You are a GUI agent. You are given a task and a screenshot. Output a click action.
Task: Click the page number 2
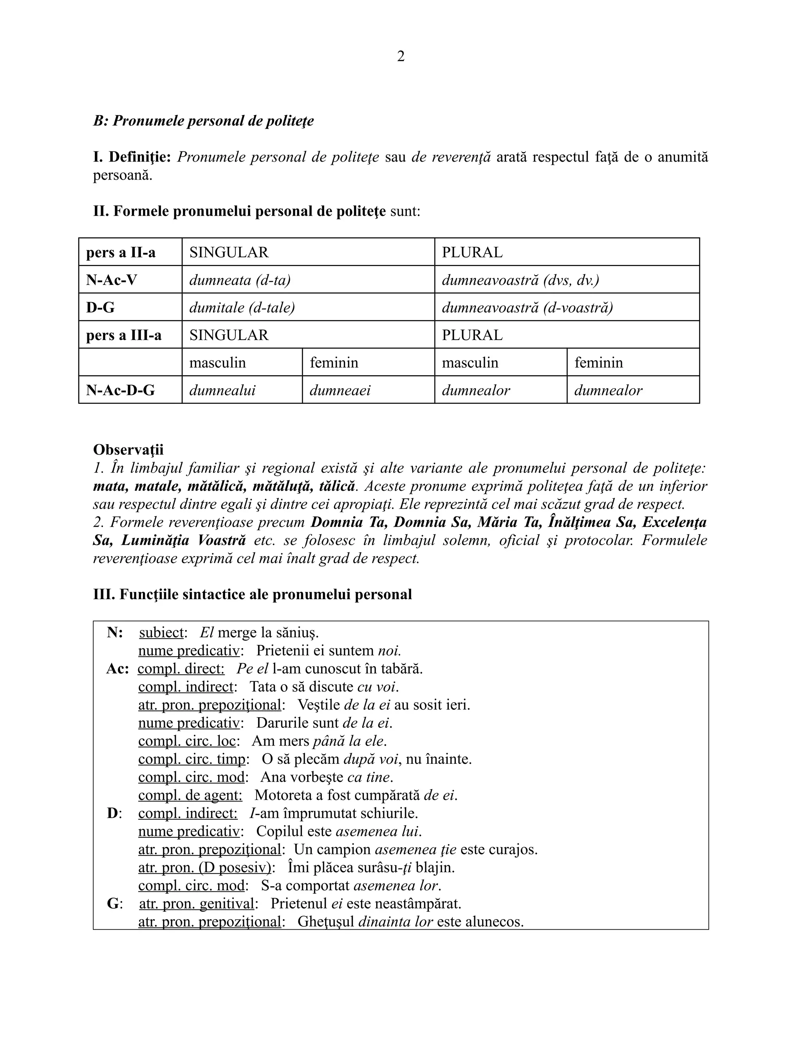(x=401, y=56)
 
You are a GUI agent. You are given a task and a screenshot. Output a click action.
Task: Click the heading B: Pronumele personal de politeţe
(x=203, y=121)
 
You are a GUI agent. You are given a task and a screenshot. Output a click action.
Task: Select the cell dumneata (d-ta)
(x=240, y=280)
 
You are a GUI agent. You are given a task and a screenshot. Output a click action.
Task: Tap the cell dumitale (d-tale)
(x=242, y=307)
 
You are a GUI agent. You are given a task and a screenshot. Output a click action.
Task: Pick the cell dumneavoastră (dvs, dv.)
(x=520, y=280)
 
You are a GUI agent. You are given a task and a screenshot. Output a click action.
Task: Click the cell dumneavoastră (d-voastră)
(x=527, y=307)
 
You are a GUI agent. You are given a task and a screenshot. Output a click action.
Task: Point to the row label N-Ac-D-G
(x=120, y=390)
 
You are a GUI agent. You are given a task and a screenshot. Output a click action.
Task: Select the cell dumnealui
(x=222, y=390)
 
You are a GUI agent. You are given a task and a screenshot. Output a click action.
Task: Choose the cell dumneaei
(x=340, y=390)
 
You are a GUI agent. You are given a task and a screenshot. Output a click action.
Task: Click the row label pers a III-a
(x=123, y=335)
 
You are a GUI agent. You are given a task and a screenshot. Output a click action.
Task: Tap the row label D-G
(x=100, y=307)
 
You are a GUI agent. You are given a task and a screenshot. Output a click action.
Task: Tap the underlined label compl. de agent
(x=190, y=795)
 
